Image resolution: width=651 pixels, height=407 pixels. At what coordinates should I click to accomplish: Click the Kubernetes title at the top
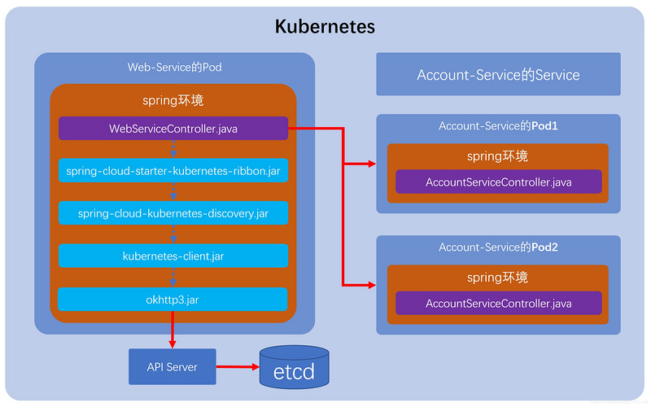(x=325, y=26)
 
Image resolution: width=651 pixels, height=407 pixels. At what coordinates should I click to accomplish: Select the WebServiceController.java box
(x=173, y=129)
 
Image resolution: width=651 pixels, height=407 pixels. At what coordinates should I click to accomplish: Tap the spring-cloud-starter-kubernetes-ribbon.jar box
(x=173, y=171)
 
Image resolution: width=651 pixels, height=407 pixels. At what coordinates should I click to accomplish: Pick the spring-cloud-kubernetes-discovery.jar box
(x=173, y=213)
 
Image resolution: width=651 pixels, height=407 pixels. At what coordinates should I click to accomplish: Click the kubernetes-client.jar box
(x=173, y=256)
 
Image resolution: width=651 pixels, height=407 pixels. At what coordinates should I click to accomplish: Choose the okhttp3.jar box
(x=173, y=300)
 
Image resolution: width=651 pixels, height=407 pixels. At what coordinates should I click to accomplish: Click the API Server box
(x=173, y=367)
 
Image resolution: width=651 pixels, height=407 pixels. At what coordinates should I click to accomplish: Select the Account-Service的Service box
(x=498, y=75)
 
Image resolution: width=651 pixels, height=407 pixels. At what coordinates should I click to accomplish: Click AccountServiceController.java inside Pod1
(x=498, y=182)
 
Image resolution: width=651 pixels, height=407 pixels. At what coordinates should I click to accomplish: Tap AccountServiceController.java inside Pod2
(x=498, y=304)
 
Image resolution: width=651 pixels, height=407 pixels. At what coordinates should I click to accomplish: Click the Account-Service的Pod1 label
(x=498, y=126)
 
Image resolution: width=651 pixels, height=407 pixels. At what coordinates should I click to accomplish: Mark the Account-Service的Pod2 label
(x=498, y=247)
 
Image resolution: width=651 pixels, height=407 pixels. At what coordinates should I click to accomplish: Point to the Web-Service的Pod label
(x=174, y=67)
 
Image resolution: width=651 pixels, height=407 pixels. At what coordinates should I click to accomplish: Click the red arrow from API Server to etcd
(x=237, y=367)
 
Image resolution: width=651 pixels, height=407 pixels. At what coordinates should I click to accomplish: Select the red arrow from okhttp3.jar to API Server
(x=173, y=330)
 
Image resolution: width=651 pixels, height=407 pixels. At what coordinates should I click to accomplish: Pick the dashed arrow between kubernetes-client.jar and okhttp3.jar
(x=173, y=278)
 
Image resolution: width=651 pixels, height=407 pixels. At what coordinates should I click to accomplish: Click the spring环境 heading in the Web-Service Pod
(x=173, y=102)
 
